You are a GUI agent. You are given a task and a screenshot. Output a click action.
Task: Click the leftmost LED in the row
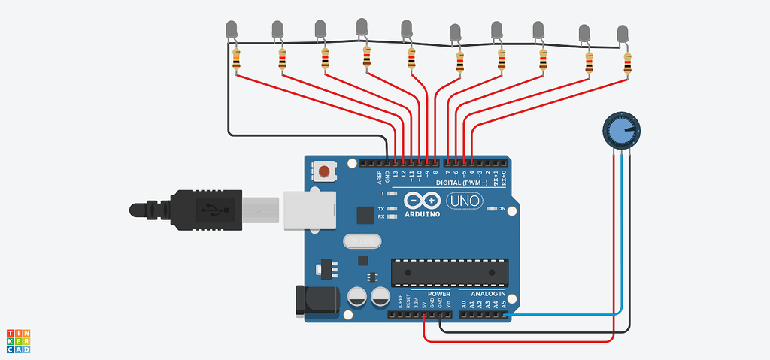[x=232, y=30]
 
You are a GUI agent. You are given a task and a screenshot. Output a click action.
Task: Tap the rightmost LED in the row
[x=623, y=34]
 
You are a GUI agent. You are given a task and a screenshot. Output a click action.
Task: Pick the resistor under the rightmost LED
[x=628, y=65]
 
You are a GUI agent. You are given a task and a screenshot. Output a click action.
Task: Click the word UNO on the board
[x=465, y=201]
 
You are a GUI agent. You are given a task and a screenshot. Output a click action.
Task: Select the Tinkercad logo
[x=18, y=340]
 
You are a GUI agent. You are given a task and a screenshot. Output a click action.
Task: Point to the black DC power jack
[x=316, y=301]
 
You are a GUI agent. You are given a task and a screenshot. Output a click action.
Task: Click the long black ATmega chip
[x=450, y=272]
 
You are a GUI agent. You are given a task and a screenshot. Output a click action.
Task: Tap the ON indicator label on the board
[x=502, y=208]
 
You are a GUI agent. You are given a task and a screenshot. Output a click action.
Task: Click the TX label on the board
[x=381, y=208]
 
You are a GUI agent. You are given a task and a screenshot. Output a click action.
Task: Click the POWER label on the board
[x=438, y=294]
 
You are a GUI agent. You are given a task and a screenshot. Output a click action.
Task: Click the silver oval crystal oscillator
[x=359, y=242]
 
